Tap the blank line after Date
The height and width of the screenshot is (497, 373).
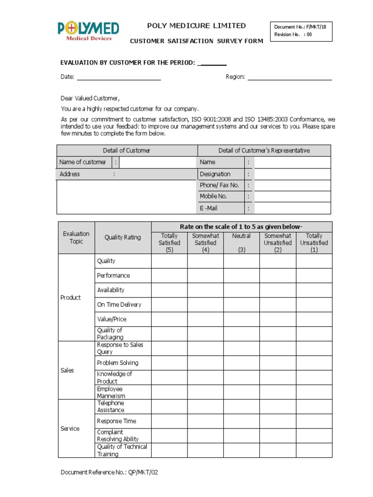click(x=119, y=77)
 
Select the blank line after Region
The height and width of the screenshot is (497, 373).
click(x=289, y=77)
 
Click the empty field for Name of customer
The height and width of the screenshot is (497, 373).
click(x=158, y=162)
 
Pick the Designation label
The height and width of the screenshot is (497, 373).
click(x=215, y=174)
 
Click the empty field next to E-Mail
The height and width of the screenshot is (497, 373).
click(x=292, y=208)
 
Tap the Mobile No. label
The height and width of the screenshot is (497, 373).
click(x=213, y=197)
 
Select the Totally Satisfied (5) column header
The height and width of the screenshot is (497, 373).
click(x=169, y=243)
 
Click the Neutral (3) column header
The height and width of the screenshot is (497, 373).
click(x=241, y=243)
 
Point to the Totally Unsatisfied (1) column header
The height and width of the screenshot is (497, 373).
click(x=314, y=243)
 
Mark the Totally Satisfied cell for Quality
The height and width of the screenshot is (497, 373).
click(x=169, y=261)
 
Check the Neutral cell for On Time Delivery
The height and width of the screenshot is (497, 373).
click(x=241, y=305)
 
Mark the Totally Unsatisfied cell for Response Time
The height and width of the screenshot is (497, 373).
click(x=314, y=421)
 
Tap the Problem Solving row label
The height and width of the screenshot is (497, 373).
click(x=118, y=363)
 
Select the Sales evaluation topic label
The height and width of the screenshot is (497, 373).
click(x=67, y=370)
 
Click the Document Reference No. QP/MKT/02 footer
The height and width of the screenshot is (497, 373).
click(x=109, y=472)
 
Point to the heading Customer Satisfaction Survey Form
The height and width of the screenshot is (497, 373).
click(x=196, y=41)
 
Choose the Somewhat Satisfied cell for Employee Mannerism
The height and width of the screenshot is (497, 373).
click(x=205, y=392)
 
